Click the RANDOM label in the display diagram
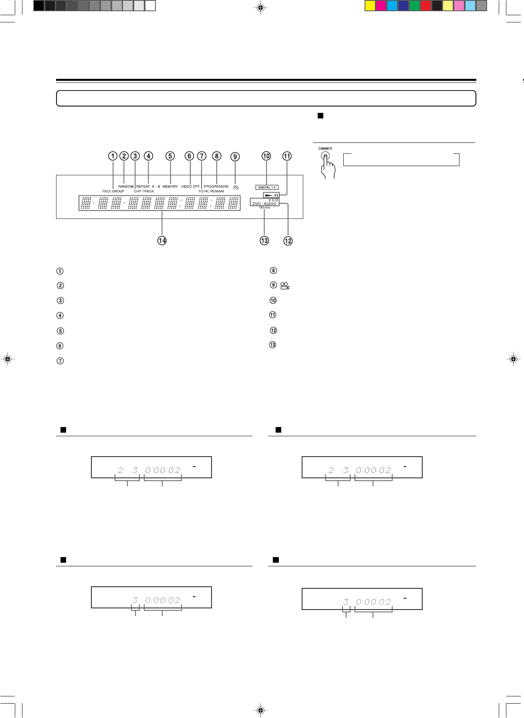tap(126, 187)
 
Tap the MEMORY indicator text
tap(170, 187)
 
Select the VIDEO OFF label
tap(190, 187)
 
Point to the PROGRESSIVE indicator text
tap(216, 187)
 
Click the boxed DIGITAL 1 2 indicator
tap(267, 187)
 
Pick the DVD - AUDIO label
tap(264, 204)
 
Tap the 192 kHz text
tap(264, 208)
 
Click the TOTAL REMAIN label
tap(211, 191)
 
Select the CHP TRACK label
tap(144, 191)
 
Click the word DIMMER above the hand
tap(325, 148)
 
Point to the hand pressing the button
tap(328, 168)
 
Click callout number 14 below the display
tap(162, 241)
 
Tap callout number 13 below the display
tap(264, 241)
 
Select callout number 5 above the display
tap(170, 156)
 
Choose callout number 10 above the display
tap(266, 156)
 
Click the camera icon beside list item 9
tap(285, 286)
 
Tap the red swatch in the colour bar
tap(426, 6)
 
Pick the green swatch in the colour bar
tap(415, 6)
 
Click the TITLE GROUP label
tap(113, 191)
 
